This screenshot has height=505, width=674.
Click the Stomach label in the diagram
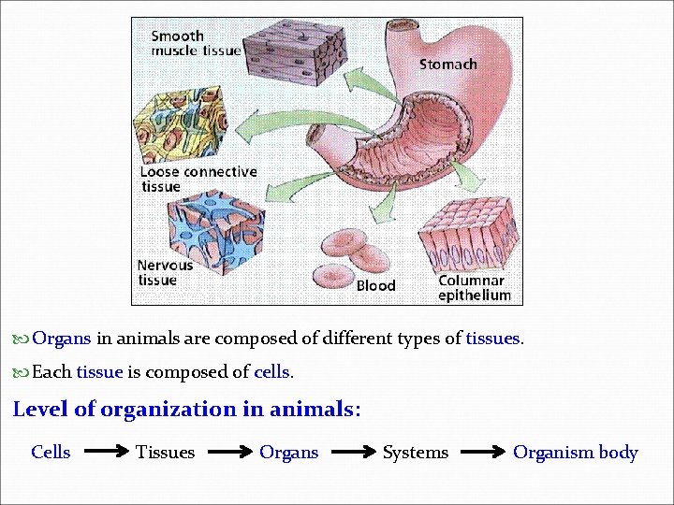tap(447, 65)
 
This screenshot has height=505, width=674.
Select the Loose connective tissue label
tap(198, 179)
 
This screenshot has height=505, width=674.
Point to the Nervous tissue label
tap(166, 272)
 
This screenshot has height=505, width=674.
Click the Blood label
tap(375, 285)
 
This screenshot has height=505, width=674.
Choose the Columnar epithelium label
tap(475, 288)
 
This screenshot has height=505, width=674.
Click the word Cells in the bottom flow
tap(51, 453)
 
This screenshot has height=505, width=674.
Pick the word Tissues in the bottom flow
tap(165, 453)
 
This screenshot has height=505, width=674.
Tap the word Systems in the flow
tap(415, 453)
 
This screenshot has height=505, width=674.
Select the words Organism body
tap(575, 453)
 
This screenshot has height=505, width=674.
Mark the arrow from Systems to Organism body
tap(480, 453)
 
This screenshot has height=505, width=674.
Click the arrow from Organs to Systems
tap(355, 453)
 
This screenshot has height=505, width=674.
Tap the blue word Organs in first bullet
tap(62, 339)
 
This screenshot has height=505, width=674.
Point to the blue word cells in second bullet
tap(272, 372)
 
